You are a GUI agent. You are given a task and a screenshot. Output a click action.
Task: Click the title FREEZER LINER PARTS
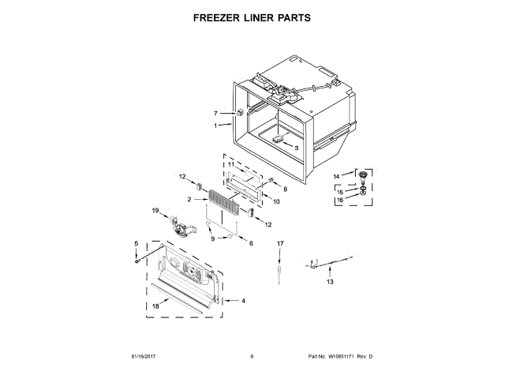click(x=252, y=16)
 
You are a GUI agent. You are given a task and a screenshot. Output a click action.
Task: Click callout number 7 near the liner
click(x=215, y=113)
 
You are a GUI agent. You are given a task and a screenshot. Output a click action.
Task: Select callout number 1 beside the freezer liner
click(x=215, y=126)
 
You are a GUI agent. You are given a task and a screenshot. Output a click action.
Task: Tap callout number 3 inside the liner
click(x=296, y=148)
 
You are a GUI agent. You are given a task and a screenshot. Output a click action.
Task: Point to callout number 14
click(x=335, y=175)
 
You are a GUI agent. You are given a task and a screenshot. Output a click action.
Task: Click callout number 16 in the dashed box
click(x=340, y=201)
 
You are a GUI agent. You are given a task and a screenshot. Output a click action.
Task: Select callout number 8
click(x=285, y=189)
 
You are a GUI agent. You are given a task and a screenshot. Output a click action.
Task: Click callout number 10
click(x=276, y=201)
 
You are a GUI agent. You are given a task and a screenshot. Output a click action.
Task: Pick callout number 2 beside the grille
click(x=189, y=200)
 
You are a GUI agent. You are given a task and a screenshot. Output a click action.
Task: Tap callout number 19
click(x=155, y=211)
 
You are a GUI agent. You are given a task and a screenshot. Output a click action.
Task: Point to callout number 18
click(x=156, y=304)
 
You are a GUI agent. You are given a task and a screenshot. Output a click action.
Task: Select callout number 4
click(x=243, y=301)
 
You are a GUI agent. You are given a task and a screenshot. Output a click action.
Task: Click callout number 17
click(x=279, y=245)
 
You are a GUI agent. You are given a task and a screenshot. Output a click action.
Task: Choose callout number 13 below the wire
click(x=331, y=281)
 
